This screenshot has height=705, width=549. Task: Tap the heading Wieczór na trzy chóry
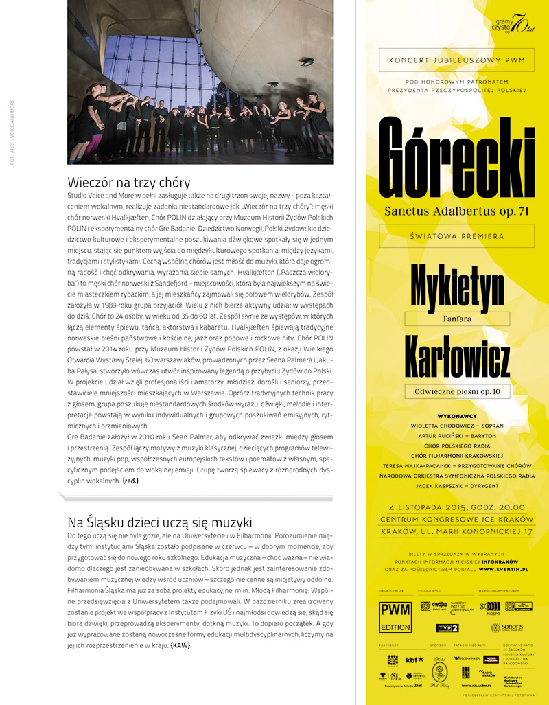129,183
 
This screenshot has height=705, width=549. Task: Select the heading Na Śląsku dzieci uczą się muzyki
159,521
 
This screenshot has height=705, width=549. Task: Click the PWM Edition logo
395,616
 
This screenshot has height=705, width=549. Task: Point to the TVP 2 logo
447,627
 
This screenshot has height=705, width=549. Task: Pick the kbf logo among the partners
415,660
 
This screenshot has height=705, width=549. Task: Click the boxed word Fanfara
456,319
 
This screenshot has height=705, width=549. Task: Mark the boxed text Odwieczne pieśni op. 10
457,392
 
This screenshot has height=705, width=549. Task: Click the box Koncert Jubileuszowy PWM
456,60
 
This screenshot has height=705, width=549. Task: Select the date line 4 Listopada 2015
456,508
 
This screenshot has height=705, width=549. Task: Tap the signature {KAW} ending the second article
180,645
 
